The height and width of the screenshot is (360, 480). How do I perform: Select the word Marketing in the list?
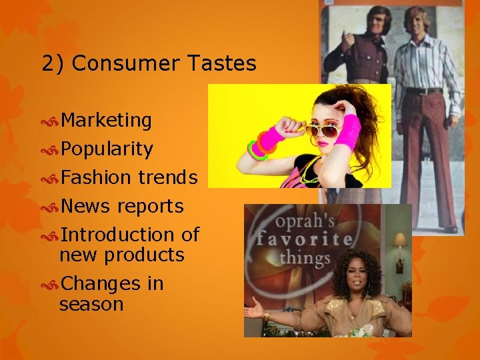[107, 121]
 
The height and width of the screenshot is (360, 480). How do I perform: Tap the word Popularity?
[107, 149]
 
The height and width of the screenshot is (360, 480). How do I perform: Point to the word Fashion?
[96, 177]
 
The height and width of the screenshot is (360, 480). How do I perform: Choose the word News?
[85, 207]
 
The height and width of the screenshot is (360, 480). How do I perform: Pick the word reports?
[150, 207]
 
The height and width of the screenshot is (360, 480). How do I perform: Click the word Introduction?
[118, 235]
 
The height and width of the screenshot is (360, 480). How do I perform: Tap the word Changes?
[100, 284]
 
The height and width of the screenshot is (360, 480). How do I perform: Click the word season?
[91, 304]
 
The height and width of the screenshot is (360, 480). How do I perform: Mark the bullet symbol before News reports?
[50, 207]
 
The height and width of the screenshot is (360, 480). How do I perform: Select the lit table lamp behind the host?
[400, 239]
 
